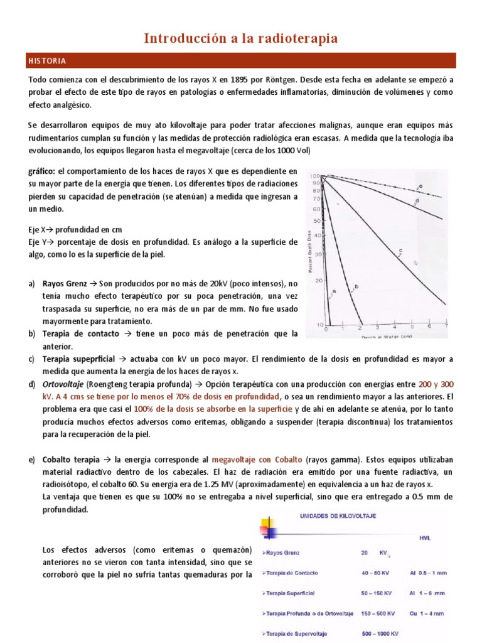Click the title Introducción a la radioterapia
(241, 38)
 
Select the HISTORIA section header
(47, 61)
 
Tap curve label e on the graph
(420, 186)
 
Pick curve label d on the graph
(416, 201)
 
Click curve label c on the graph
(400, 251)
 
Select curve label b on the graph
(356, 287)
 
